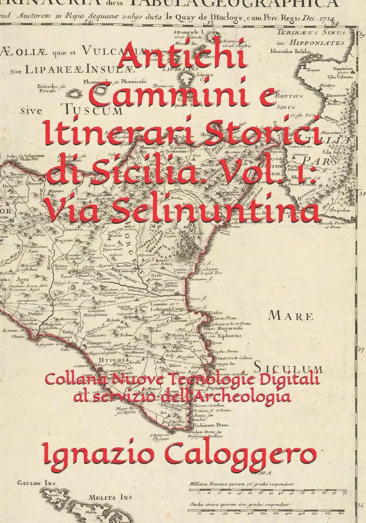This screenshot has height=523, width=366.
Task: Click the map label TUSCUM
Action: click(x=92, y=110)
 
